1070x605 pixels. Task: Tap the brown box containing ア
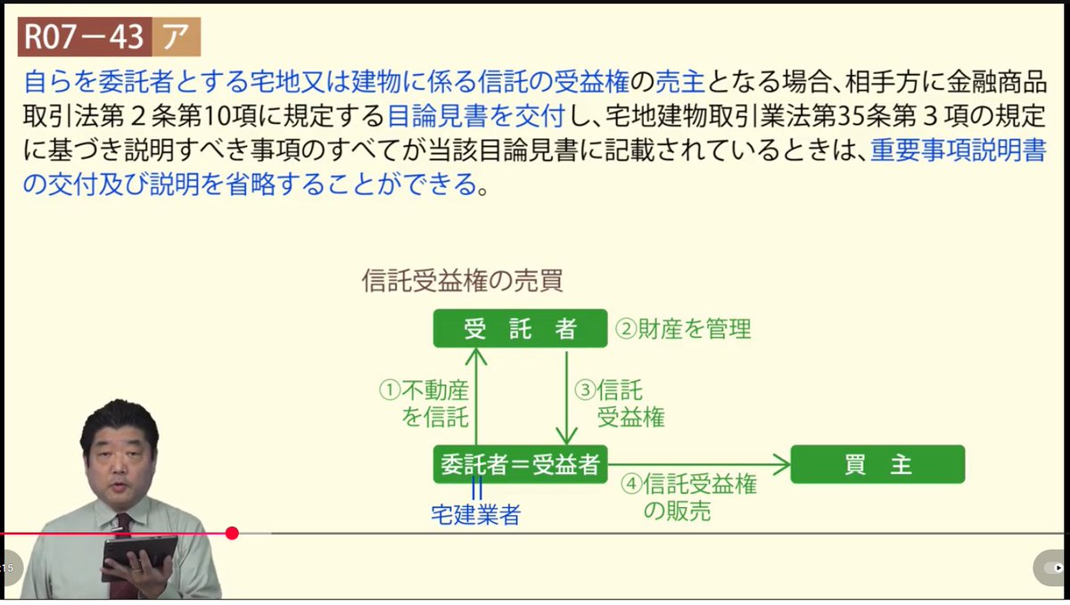pos(175,37)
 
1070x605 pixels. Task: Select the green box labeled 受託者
pos(520,329)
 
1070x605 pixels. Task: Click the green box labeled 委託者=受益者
pos(520,464)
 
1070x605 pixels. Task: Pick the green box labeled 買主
pos(877,464)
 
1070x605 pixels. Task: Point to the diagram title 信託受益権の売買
pos(462,281)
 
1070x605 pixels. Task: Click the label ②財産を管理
pos(683,330)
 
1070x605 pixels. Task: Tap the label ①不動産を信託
pos(424,403)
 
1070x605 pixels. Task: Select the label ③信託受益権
pos(619,403)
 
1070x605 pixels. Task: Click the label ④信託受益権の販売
pos(688,497)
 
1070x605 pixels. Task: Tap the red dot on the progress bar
pos(233,533)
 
